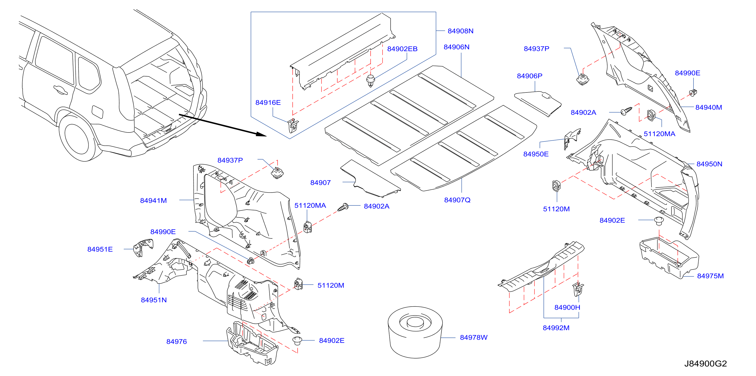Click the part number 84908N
[460, 31]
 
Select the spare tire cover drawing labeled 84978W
[415, 332]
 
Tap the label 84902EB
[402, 49]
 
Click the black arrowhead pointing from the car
[261, 134]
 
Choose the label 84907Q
[457, 200]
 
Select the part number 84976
[176, 342]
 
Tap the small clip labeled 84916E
[293, 125]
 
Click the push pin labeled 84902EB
[371, 81]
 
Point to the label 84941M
[153, 201]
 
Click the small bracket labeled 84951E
[143, 248]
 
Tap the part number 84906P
[529, 76]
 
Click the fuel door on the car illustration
[97, 112]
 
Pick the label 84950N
[709, 164]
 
